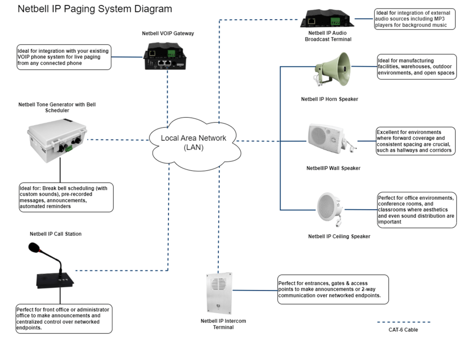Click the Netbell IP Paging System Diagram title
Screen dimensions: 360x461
pos(94,9)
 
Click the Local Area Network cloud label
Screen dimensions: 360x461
pos(194,143)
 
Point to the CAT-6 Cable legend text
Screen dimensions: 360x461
pos(403,330)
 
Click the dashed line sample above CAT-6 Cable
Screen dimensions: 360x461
pos(403,322)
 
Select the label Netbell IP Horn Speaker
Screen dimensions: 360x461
pos(329,99)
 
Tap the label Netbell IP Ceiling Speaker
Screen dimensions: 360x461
pos(339,236)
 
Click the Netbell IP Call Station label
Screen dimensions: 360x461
pos(55,234)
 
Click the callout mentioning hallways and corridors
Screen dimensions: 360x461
pos(415,142)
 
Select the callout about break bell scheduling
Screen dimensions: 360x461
pos(63,198)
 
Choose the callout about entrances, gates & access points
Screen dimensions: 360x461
pos(332,290)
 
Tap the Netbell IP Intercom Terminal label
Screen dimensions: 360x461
pos(223,324)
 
